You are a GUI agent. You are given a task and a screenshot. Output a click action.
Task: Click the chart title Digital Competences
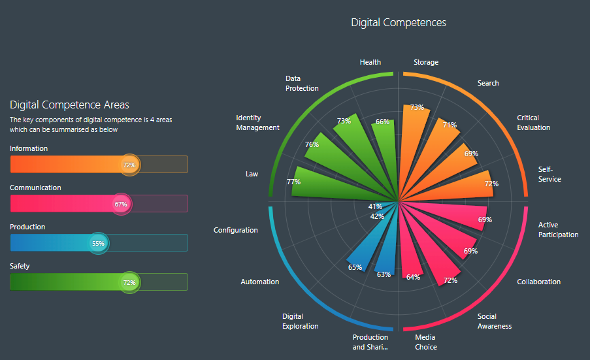tap(399, 22)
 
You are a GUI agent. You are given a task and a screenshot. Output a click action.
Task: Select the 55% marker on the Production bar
tap(98, 243)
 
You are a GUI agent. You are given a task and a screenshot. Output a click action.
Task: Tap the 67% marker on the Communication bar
tap(121, 204)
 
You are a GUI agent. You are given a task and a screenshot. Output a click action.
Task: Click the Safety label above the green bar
tap(20, 266)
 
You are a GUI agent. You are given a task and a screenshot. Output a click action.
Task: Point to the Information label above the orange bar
tap(29, 148)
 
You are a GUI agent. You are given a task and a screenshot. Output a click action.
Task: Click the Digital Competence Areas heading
tap(69, 105)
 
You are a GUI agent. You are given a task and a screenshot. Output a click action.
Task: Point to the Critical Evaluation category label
tap(533, 123)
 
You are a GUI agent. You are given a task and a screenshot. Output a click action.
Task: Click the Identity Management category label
tap(257, 123)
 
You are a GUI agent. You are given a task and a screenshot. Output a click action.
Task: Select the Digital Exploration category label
tap(301, 321)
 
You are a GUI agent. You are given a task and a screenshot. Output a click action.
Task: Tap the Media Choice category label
tap(426, 342)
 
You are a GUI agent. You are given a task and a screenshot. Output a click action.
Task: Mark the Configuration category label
tap(235, 230)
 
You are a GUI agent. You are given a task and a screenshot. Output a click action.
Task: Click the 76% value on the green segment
tap(312, 144)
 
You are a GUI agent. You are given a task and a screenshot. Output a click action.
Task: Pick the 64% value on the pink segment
tap(413, 277)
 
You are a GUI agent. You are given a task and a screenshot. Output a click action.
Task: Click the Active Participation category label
tap(558, 230)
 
